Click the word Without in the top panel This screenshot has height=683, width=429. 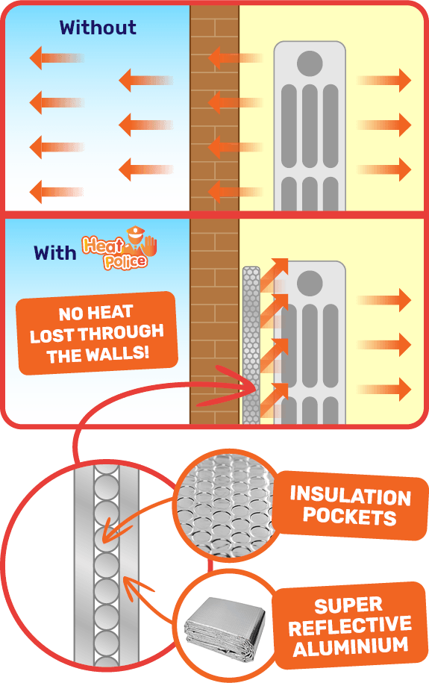[x=98, y=28]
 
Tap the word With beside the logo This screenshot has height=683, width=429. [x=55, y=252]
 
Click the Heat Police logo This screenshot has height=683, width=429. [x=119, y=248]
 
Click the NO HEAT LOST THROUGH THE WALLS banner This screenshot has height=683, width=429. [x=97, y=333]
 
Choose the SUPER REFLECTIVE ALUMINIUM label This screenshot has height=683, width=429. [x=350, y=626]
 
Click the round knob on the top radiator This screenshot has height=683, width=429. [x=310, y=63]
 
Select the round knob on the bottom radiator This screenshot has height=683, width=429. [x=310, y=283]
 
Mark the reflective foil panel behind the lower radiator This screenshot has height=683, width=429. [x=251, y=345]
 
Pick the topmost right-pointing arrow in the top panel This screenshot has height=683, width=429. [x=384, y=80]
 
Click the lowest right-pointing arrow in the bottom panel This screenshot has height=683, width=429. [x=384, y=389]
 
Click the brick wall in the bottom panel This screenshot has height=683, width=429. [x=214, y=321]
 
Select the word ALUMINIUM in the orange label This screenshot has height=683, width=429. [x=351, y=646]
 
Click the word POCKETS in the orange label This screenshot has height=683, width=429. [x=350, y=517]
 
